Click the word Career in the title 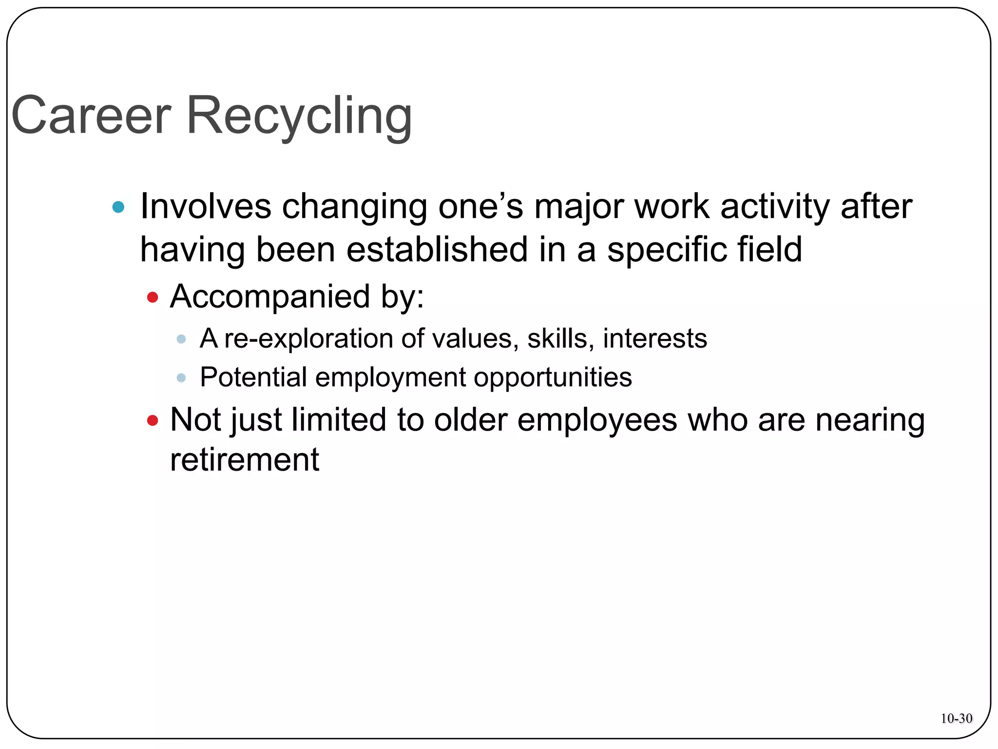point(91,116)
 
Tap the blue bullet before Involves point(118,207)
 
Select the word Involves point(205,206)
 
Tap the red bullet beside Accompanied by point(153,297)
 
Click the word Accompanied point(270,296)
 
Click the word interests point(655,338)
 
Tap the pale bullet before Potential point(181,377)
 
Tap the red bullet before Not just point(153,420)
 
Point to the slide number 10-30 point(956,718)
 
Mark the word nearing point(870,420)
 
